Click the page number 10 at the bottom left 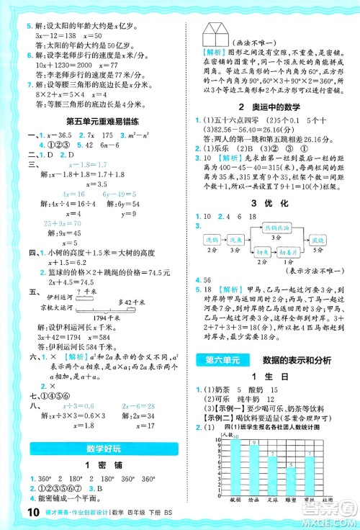[14, 513]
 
